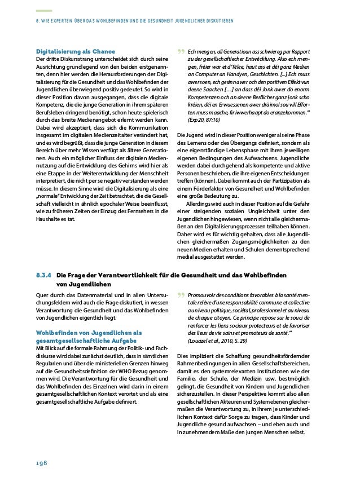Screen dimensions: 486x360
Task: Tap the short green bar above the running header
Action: click(43, 11)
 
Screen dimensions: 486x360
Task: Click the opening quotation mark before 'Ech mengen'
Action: click(181, 53)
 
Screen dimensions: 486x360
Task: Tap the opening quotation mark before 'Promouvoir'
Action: click(181, 296)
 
